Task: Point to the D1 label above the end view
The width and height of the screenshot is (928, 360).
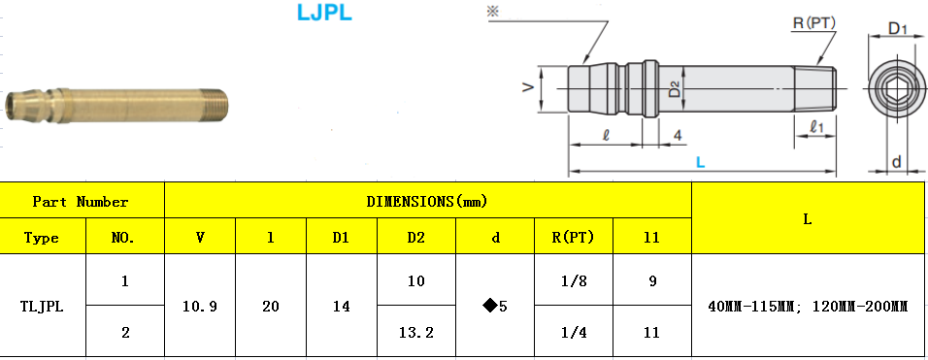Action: click(898, 30)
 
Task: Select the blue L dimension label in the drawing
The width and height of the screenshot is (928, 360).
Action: click(702, 162)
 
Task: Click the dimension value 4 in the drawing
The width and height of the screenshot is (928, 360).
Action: click(676, 135)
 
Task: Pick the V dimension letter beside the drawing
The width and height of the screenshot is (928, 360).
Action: click(527, 88)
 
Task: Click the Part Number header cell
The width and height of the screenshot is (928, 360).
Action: click(81, 202)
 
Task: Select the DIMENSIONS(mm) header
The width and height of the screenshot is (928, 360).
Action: click(427, 202)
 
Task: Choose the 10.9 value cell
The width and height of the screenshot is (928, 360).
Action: click(200, 307)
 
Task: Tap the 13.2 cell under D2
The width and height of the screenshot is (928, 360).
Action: click(415, 332)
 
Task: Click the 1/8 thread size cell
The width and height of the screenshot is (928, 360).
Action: click(575, 281)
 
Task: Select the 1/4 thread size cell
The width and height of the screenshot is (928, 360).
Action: click(575, 332)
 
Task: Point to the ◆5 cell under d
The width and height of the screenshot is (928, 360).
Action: click(495, 307)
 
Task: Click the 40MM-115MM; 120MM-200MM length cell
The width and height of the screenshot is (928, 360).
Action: click(808, 307)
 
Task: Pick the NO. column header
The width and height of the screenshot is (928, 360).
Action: click(124, 237)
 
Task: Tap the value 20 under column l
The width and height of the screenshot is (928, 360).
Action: click(271, 307)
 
